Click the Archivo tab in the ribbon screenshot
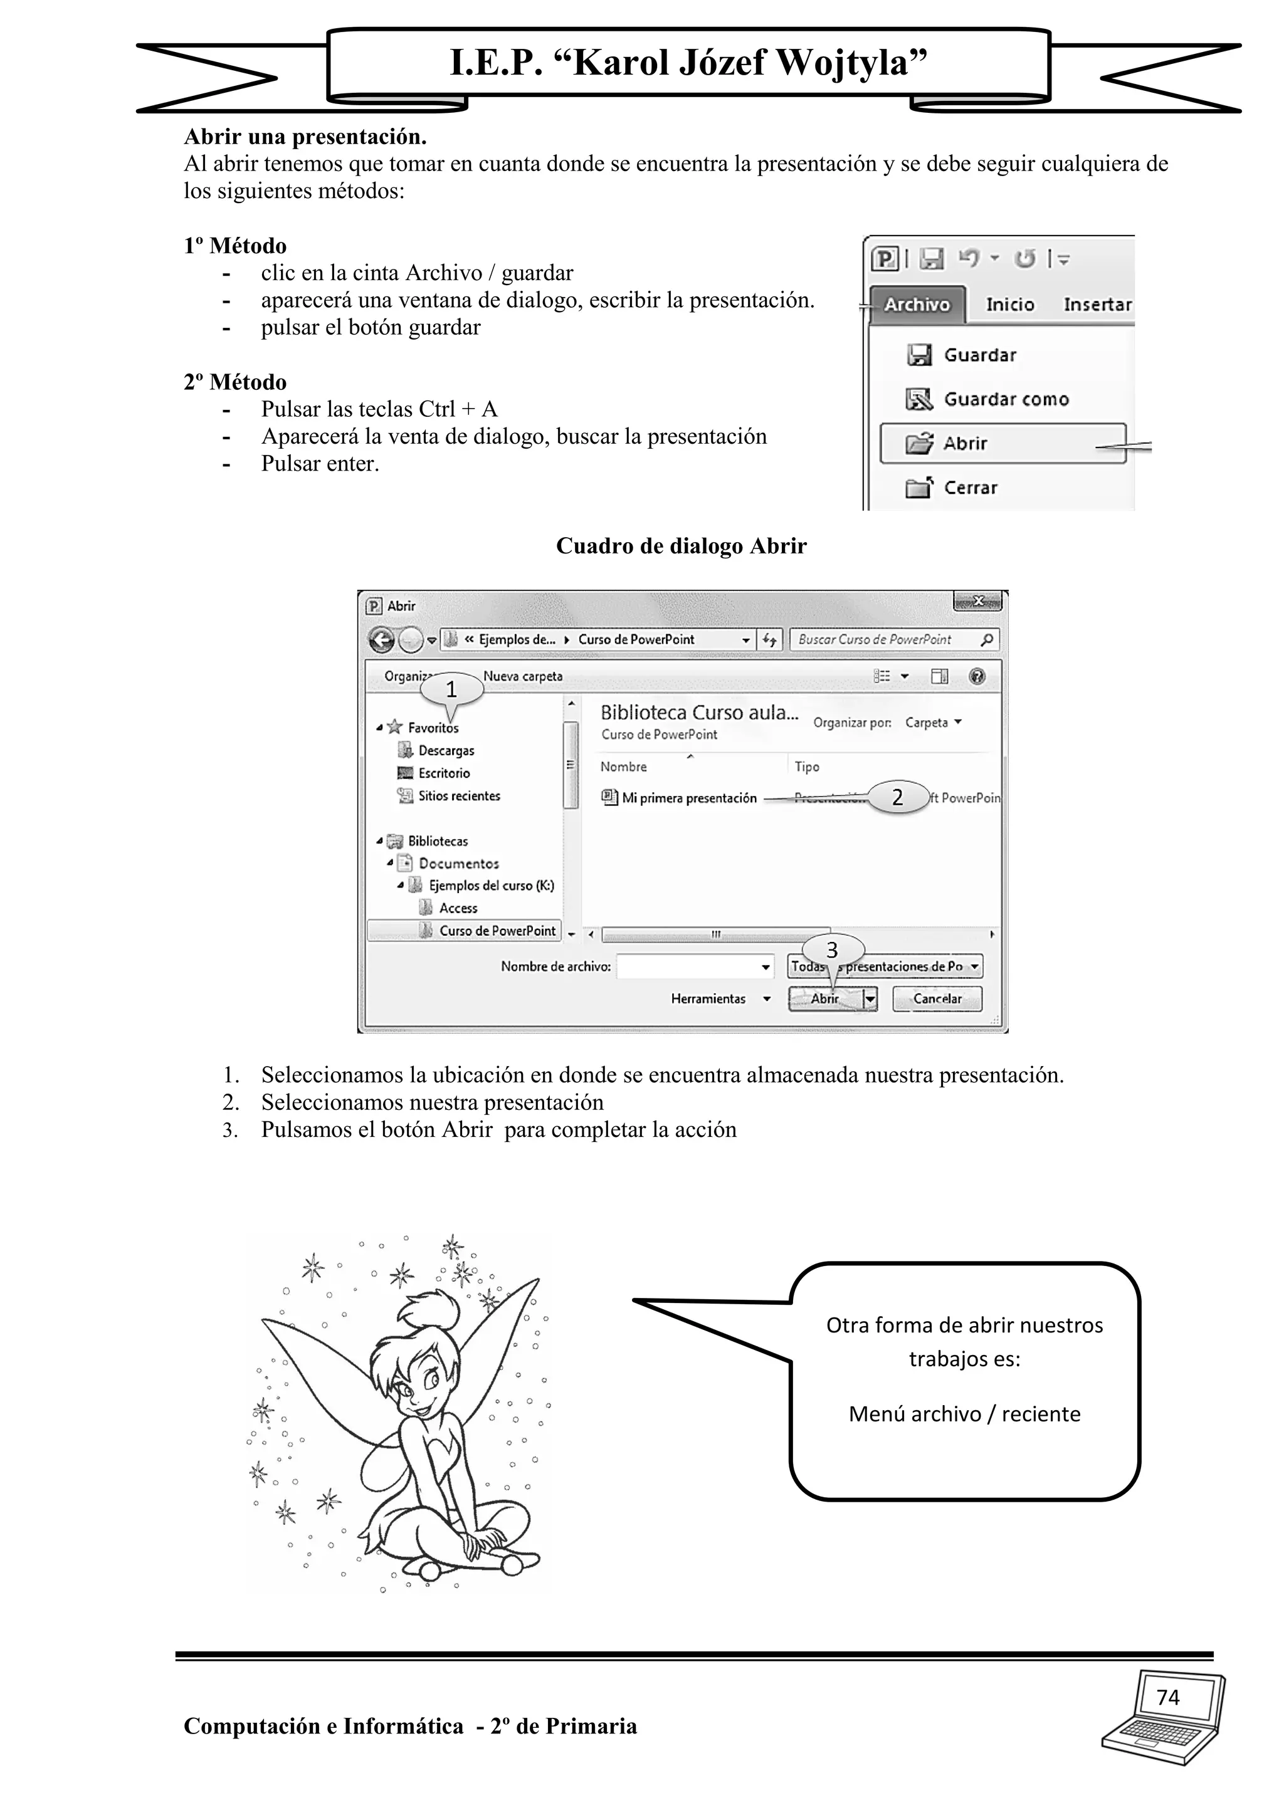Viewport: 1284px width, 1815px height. (917, 305)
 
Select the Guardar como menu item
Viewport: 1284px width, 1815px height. (1005, 400)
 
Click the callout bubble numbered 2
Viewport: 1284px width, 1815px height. (897, 797)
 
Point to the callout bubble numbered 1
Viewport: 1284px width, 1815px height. (451, 689)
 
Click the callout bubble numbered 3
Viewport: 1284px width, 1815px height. (832, 949)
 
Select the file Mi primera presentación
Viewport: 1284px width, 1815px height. (688, 798)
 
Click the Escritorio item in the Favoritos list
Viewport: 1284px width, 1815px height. (443, 773)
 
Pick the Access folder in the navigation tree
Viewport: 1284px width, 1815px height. (458, 908)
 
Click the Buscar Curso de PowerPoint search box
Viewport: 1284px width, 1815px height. (885, 639)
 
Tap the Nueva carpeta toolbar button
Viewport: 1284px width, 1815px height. (523, 677)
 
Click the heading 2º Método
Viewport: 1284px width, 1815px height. (235, 382)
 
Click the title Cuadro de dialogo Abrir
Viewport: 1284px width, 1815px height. (681, 547)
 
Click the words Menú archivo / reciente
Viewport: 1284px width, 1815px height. (964, 1415)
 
